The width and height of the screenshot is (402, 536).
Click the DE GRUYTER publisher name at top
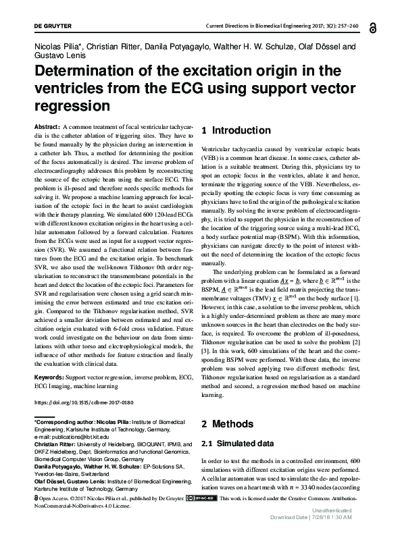[x=30, y=25]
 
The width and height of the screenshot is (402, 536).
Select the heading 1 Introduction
[x=236, y=130]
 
